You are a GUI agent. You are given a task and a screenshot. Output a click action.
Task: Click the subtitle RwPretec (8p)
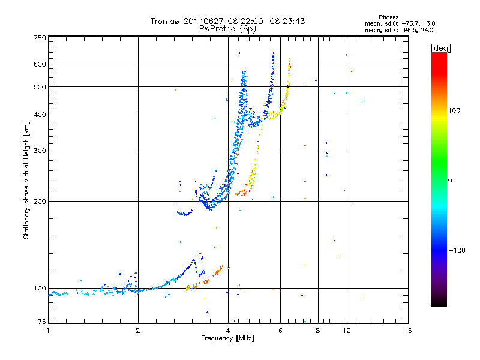(x=227, y=28)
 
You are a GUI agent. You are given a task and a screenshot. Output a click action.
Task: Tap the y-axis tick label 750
(x=40, y=38)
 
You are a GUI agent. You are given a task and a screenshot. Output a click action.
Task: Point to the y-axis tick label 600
(x=40, y=64)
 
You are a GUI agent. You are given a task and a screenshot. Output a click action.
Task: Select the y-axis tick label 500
(x=40, y=87)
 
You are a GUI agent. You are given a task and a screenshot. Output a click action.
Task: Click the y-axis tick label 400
(x=40, y=115)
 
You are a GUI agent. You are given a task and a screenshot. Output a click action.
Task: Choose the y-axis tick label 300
(x=40, y=151)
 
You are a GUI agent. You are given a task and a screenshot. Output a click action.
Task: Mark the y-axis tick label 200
(x=40, y=202)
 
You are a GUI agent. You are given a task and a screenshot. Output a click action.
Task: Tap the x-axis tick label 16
(x=408, y=331)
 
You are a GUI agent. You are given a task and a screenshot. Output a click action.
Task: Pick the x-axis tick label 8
(x=318, y=331)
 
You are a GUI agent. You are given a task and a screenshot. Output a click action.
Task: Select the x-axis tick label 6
(x=281, y=331)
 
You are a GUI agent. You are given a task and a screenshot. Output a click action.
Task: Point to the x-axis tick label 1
(x=48, y=331)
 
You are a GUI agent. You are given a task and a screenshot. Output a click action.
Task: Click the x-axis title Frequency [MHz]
(x=227, y=339)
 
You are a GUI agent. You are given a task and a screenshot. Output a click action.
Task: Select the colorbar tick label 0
(x=449, y=180)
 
